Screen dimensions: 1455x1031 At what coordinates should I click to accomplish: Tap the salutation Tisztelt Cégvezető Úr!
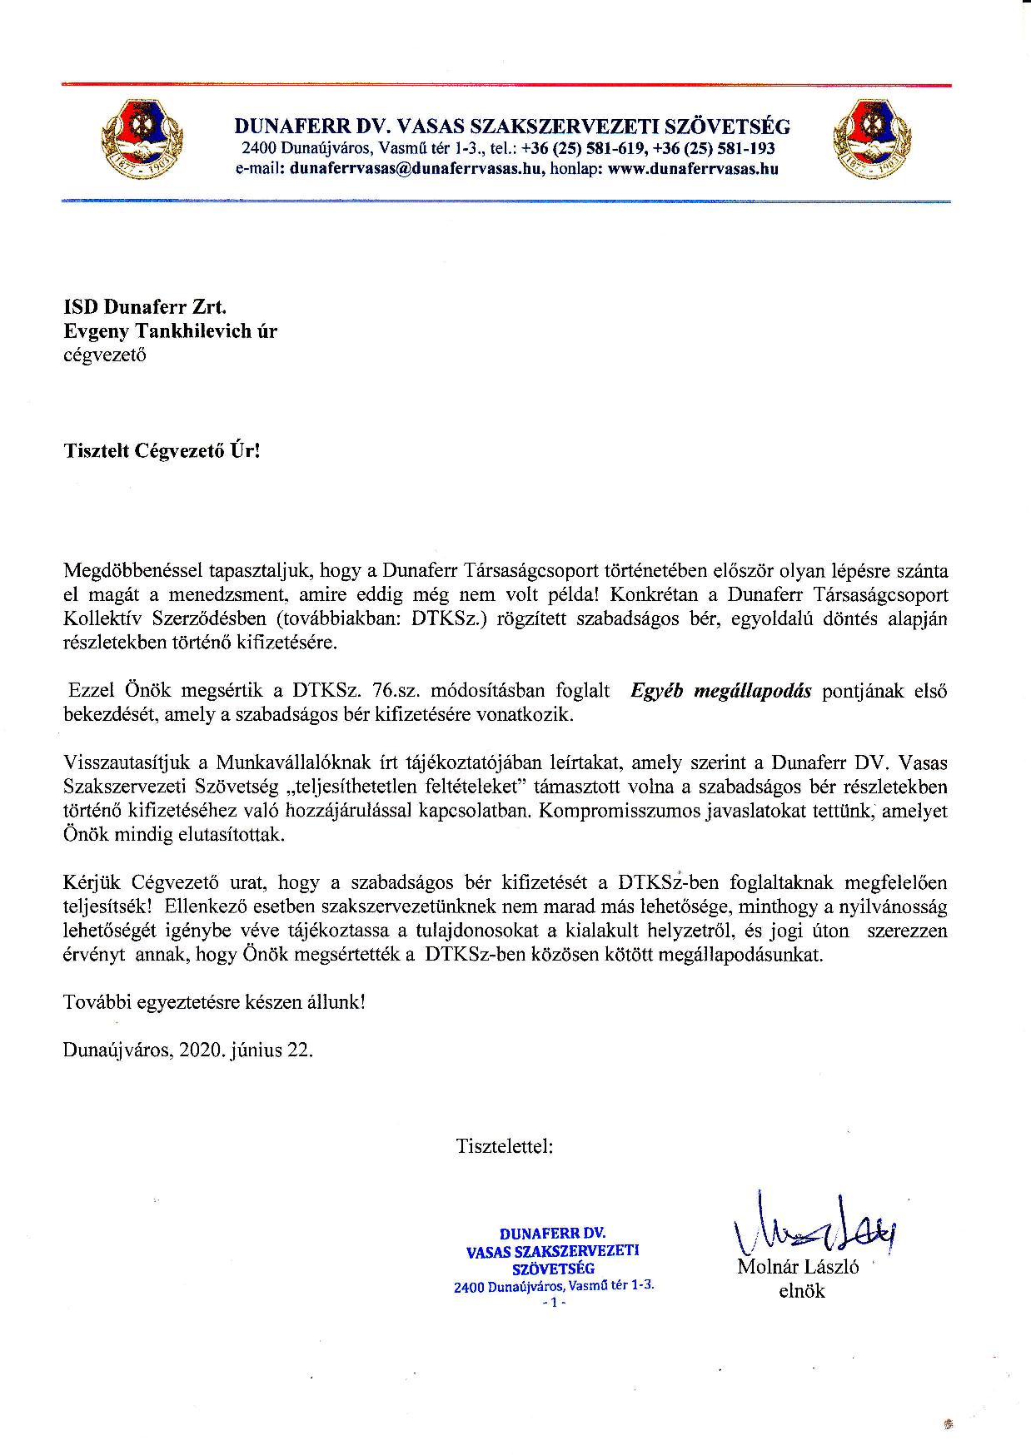coord(162,451)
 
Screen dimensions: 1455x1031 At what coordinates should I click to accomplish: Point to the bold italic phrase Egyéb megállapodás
coord(721,691)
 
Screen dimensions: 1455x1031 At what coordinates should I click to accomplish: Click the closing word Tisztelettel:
coord(504,1146)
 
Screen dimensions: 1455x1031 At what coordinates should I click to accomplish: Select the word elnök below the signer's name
coord(801,1291)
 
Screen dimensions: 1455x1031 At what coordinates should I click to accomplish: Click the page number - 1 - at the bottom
coord(553,1303)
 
